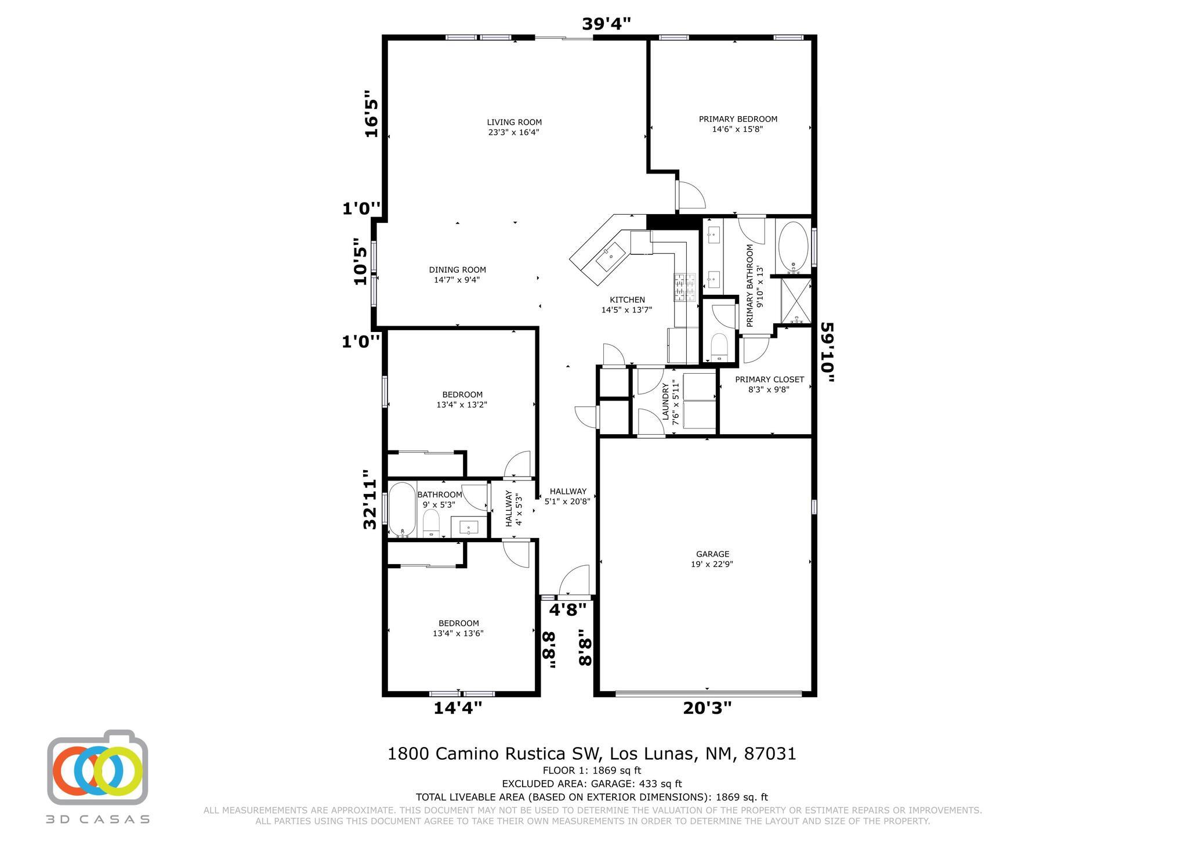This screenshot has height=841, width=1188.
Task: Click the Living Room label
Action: pos(515,122)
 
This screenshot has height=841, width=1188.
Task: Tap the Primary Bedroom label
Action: pos(738,119)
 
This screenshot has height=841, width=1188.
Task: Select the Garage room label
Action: pos(712,554)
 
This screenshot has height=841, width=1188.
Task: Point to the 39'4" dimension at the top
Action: pos(606,23)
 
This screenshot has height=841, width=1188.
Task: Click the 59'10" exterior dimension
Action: pos(828,352)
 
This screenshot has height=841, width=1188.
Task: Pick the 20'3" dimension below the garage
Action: pos(707,708)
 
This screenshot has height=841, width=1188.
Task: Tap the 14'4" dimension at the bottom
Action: pos(458,708)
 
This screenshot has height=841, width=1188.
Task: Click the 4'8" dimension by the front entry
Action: pos(568,609)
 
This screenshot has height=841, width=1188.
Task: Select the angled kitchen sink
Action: pos(610,257)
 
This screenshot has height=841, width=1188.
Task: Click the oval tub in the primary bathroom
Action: pos(793,247)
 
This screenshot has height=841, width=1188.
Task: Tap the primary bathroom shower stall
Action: pos(796,301)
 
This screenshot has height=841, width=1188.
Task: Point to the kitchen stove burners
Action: pos(685,287)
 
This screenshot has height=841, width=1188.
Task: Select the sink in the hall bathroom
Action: pos(469,527)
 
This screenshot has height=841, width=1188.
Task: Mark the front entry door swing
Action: pos(574,580)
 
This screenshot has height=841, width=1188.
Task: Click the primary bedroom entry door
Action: pos(690,195)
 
